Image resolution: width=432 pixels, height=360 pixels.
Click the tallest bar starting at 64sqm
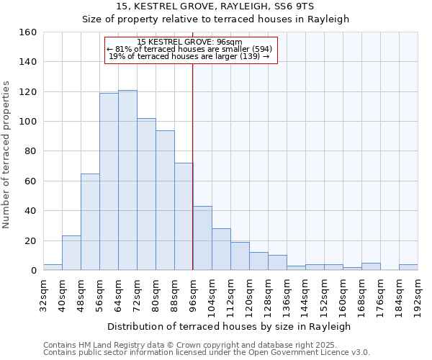(x=127, y=180)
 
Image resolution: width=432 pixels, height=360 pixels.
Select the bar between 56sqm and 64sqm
(x=109, y=181)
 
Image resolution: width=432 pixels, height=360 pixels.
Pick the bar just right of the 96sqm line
(x=202, y=238)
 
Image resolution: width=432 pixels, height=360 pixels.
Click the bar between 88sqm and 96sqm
(x=184, y=217)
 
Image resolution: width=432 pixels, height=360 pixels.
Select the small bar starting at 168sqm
(x=371, y=266)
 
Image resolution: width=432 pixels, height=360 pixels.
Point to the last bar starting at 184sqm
(x=408, y=267)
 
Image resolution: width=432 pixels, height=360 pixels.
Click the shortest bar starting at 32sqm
(x=53, y=267)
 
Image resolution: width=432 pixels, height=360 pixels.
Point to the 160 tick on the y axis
(x=28, y=32)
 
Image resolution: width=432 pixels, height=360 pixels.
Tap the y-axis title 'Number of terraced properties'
(x=6, y=152)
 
